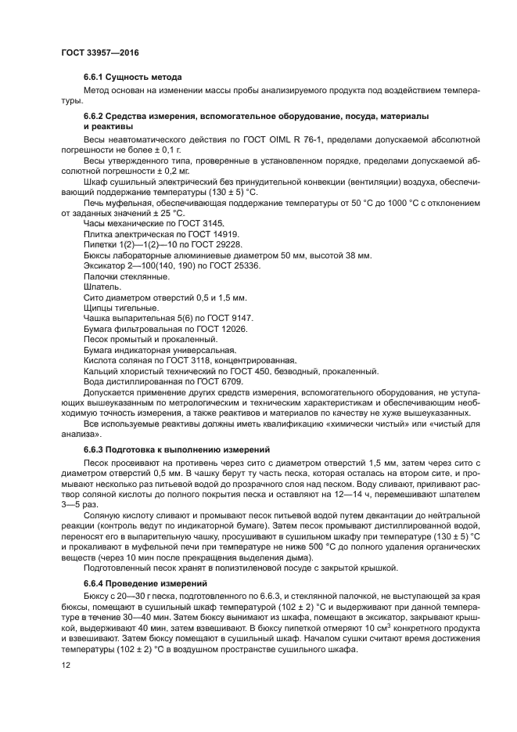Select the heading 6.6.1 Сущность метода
(132, 78)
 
